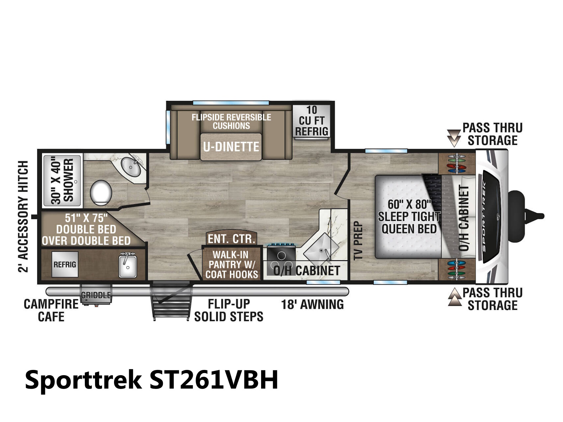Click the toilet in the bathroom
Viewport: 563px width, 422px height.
pyautogui.click(x=101, y=193)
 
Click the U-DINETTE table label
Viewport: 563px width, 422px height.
pyautogui.click(x=231, y=147)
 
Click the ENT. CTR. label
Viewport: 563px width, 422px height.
pyautogui.click(x=231, y=239)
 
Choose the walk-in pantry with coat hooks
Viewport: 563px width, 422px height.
pyautogui.click(x=231, y=264)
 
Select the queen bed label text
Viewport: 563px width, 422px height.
pyautogui.click(x=409, y=217)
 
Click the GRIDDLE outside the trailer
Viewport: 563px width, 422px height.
pyautogui.click(x=96, y=295)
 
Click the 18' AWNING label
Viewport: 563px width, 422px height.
pyautogui.click(x=312, y=305)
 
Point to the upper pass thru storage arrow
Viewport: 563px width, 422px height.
pyautogui.click(x=454, y=138)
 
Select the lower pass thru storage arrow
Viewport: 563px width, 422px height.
pyautogui.click(x=455, y=297)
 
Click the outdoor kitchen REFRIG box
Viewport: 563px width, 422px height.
pyautogui.click(x=65, y=264)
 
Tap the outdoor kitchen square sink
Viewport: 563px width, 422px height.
pyautogui.click(x=127, y=266)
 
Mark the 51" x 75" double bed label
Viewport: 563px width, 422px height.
pyautogui.click(x=86, y=229)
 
